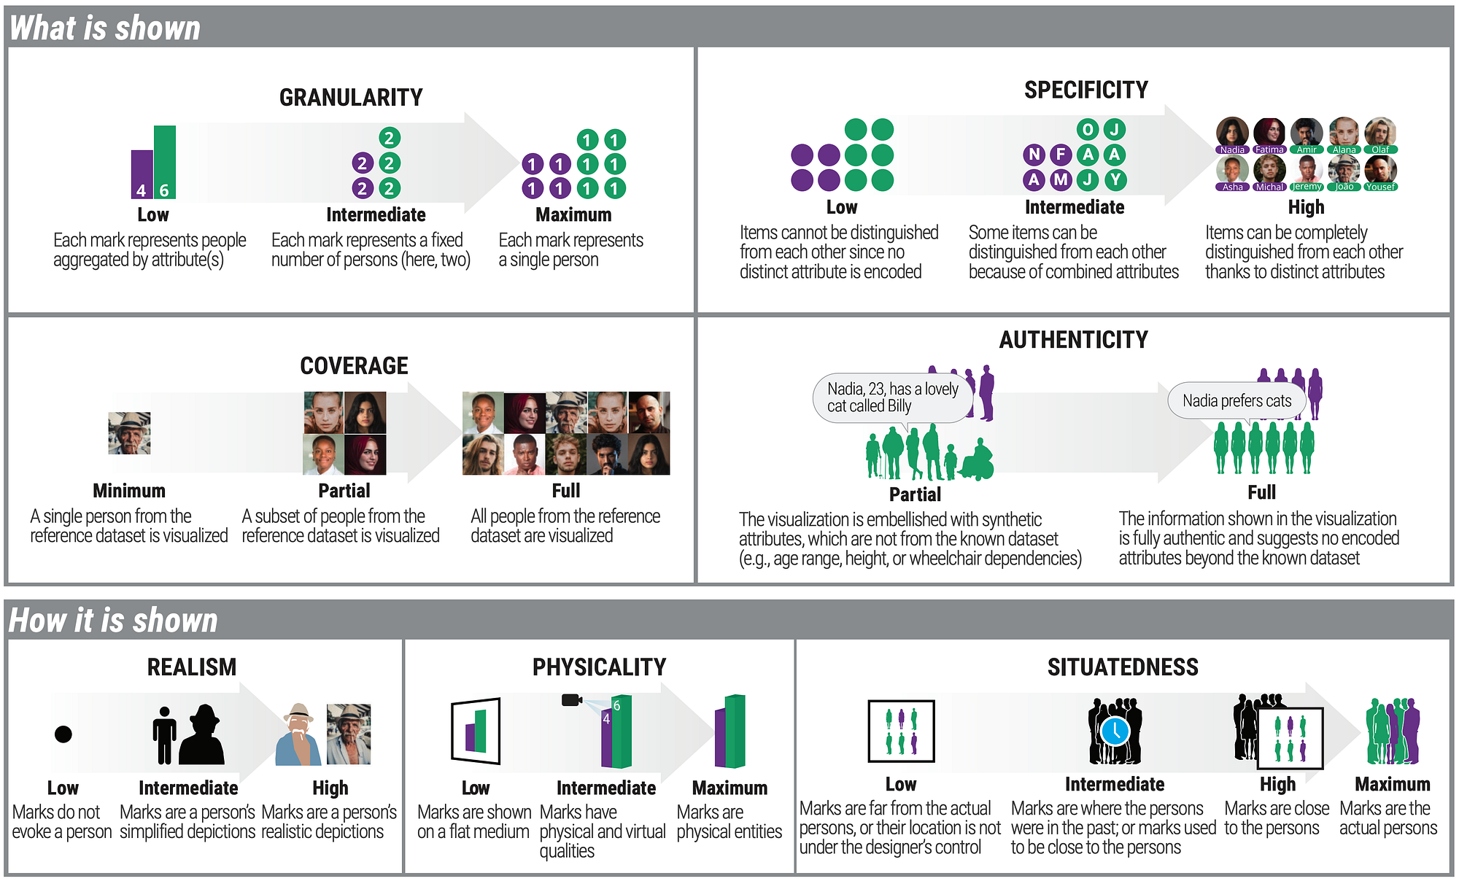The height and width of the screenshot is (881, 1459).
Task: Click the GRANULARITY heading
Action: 351,97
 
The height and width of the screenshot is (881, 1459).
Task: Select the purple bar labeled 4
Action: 142,174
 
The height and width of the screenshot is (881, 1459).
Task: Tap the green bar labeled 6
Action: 165,162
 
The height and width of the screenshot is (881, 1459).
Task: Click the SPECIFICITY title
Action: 1085,90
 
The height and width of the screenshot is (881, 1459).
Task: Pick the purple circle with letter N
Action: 1034,154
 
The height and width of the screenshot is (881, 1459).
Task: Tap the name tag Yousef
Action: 1380,187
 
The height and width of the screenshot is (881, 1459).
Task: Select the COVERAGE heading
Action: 354,365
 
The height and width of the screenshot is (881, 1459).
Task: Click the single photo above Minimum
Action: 129,433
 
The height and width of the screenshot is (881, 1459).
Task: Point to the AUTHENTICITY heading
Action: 1073,339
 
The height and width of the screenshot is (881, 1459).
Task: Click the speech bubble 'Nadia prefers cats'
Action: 1237,400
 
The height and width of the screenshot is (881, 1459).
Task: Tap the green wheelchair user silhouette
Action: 977,460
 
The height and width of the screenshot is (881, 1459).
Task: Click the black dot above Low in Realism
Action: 63,734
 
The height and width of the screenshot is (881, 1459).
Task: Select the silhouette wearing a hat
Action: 201,734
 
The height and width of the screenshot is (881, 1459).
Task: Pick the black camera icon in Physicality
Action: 571,700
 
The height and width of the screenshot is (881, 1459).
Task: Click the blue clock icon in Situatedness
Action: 1115,730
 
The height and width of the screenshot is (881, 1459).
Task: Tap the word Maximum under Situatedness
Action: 1392,784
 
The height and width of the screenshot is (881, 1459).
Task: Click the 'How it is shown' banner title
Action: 113,621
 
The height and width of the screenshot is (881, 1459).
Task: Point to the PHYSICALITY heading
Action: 599,667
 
